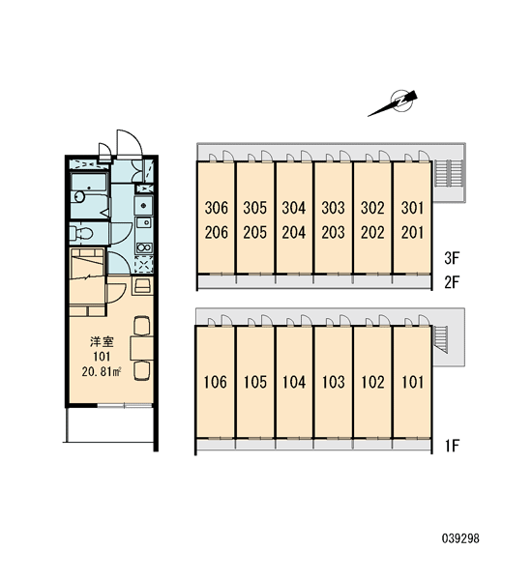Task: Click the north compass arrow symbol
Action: point(394,103)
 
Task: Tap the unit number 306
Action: point(217,208)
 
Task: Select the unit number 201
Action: point(412,232)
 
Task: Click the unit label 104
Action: point(294,382)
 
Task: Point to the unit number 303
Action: point(333,208)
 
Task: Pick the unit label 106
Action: point(216,382)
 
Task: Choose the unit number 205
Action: point(255,232)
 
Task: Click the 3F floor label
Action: point(452,258)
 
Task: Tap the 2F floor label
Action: point(452,282)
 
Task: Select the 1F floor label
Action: point(453,446)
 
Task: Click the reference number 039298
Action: point(460,538)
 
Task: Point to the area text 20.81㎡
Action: point(103,372)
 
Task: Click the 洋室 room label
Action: point(102,342)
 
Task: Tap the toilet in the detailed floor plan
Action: point(81,233)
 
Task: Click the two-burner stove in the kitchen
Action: point(144,247)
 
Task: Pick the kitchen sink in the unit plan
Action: point(144,223)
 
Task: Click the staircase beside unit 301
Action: point(449,173)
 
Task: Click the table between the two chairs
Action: point(142,348)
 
